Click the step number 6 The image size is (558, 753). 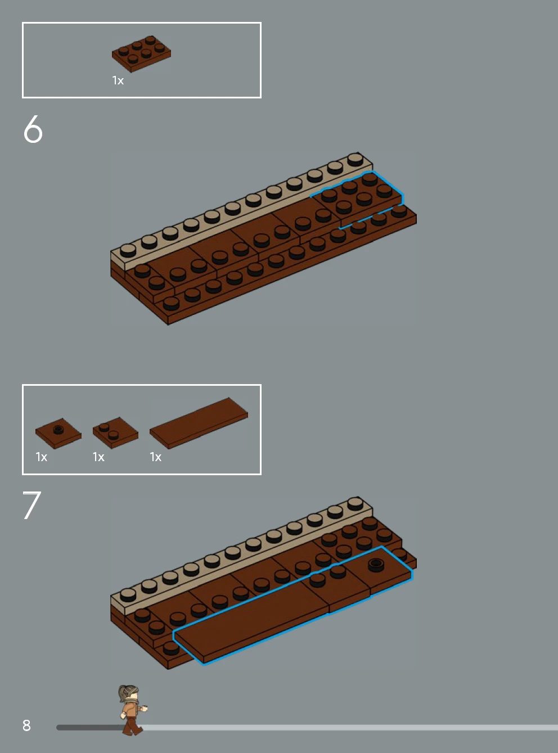click(33, 129)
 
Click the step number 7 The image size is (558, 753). click(32, 505)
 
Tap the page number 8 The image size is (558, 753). click(26, 725)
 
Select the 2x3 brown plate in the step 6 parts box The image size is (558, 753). click(141, 54)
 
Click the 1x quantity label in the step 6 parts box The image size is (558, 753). click(118, 80)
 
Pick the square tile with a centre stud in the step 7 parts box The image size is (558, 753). click(58, 433)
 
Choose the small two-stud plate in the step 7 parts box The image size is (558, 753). click(115, 432)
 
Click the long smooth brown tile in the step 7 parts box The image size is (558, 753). click(199, 423)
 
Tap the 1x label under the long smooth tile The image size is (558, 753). click(156, 457)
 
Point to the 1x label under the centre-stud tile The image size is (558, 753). click(42, 457)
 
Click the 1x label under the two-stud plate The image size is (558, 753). click(98, 457)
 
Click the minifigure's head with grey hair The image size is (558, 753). click(129, 693)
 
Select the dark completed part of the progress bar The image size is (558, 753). click(91, 728)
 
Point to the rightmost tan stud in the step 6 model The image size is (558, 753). click(355, 159)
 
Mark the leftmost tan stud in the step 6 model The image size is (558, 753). click(128, 251)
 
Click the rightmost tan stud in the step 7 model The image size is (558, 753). click(355, 503)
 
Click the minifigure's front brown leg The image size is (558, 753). click(136, 726)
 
